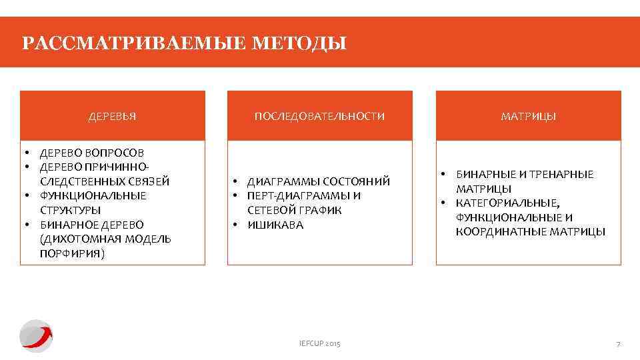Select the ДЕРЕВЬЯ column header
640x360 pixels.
click(x=113, y=116)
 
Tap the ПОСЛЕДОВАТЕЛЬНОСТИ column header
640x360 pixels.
click(x=319, y=116)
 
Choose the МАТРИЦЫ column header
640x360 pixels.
click(x=528, y=116)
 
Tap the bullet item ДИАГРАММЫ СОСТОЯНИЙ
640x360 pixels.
click(x=318, y=181)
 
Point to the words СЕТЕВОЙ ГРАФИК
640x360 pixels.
click(x=295, y=210)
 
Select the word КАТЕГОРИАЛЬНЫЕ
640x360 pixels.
click(x=509, y=203)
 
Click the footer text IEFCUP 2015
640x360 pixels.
click(x=319, y=343)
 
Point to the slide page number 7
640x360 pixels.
click(x=618, y=343)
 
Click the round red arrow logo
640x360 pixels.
click(x=35, y=335)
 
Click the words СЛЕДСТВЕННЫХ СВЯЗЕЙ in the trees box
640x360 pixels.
click(x=105, y=181)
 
